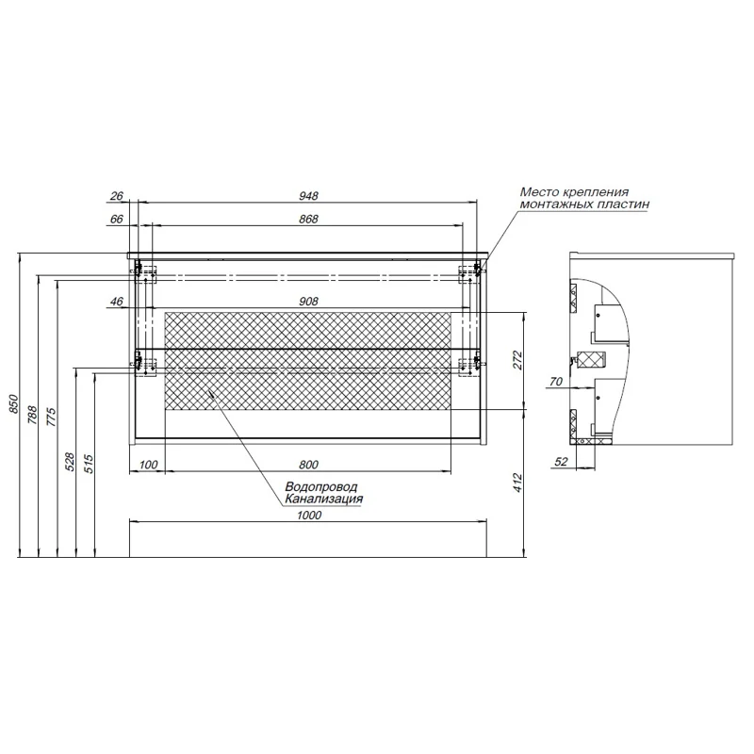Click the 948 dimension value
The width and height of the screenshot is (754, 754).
point(309,196)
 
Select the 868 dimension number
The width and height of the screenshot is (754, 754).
point(309,220)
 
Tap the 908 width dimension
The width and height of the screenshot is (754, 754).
point(309,302)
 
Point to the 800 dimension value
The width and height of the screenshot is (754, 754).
point(309,465)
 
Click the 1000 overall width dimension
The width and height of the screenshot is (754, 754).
point(309,515)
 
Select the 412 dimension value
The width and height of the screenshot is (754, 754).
point(516,483)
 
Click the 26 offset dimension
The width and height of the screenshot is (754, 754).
point(117,196)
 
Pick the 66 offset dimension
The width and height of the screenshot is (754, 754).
point(117,220)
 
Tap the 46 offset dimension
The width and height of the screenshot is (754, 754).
point(117,302)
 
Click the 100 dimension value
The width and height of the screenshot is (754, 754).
point(148,465)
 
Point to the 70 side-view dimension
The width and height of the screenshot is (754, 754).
point(555,383)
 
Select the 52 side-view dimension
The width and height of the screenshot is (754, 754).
point(562,461)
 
